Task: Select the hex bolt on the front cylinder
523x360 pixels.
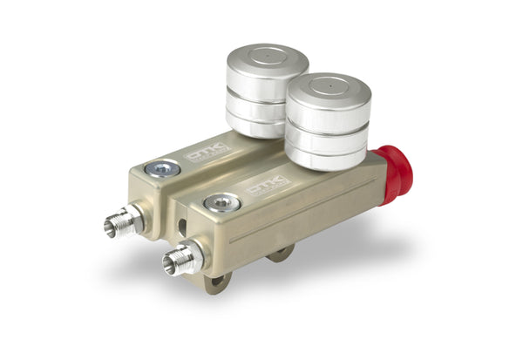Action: (221, 202)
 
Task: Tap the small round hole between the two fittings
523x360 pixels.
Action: (181, 225)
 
